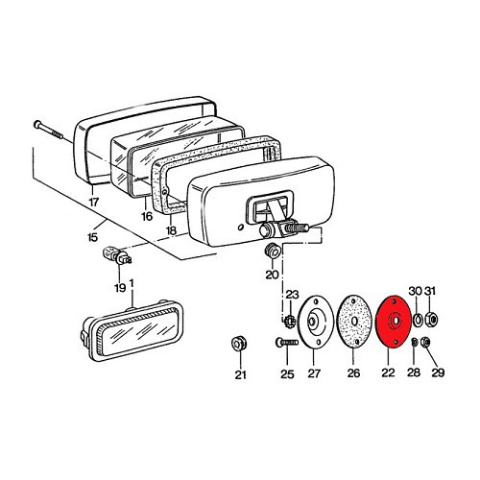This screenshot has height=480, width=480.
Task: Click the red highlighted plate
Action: coord(393,322)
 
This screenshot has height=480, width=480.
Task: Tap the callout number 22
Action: coord(388,372)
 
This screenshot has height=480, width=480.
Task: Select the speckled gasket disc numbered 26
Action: coord(353,322)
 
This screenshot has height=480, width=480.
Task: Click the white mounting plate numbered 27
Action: coord(315,322)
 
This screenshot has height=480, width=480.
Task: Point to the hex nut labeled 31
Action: coord(431,319)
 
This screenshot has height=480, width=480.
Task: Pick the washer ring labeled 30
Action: coord(418,320)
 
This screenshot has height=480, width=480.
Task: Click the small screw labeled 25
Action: coord(286,343)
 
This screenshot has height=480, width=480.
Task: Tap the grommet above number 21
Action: coord(239,345)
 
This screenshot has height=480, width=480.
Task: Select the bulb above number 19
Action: coord(117,255)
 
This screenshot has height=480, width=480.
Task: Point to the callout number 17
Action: coord(93,203)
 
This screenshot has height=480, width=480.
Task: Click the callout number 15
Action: coord(92,237)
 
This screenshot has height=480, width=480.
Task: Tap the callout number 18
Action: coord(172,230)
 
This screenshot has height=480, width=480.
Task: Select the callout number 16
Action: coord(147,216)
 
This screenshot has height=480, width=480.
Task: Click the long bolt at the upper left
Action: coord(48,130)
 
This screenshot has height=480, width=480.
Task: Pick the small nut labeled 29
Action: coord(426,342)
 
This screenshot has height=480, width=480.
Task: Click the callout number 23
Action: coord(292,295)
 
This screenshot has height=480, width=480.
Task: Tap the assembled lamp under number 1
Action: coord(132,330)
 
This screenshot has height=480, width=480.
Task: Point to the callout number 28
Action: coord(414,372)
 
